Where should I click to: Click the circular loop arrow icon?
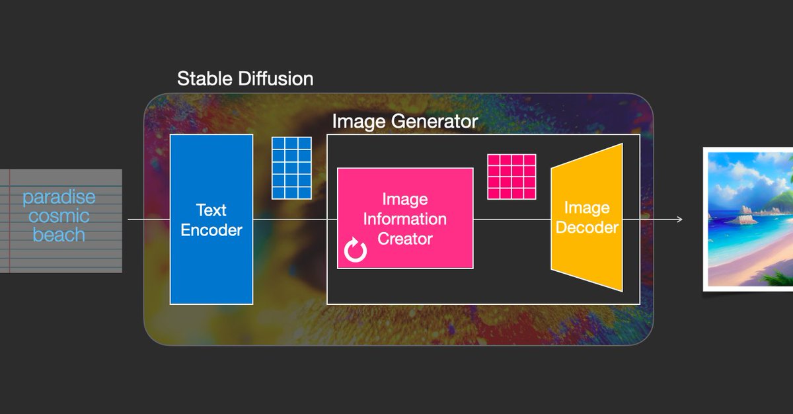356,251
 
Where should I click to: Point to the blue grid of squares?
291,168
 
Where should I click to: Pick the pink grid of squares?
511,177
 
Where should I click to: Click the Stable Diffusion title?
245,79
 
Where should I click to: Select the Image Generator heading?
404,122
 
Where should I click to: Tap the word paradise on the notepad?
59,197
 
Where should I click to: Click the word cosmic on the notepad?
59,216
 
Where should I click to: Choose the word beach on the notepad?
59,234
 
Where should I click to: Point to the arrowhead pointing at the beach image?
679,219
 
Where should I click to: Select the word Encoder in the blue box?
211,230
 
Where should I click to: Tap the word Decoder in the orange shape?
587,228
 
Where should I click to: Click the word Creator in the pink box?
404,238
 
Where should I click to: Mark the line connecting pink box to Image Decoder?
512,219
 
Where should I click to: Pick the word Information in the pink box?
404,219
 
